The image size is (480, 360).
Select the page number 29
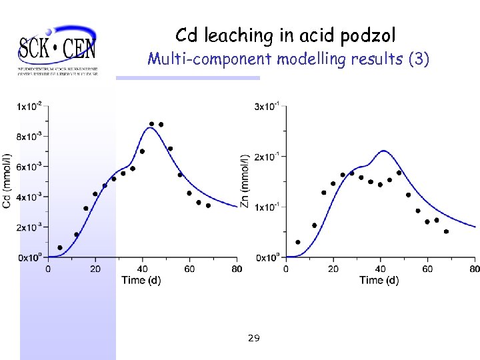[253, 339]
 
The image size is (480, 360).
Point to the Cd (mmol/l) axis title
[7, 181]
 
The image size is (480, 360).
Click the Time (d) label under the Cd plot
[141, 280]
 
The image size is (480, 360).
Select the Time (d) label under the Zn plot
[379, 280]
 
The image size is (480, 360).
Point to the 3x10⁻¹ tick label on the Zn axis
[268, 106]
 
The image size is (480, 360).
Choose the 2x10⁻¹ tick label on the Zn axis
[268, 157]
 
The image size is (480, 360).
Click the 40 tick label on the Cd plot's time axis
[142, 269]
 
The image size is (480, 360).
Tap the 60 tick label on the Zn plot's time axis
[427, 269]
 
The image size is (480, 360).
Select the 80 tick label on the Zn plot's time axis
[474, 269]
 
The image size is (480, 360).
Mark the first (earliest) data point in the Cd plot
[60, 247]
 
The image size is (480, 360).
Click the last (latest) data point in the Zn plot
[446, 231]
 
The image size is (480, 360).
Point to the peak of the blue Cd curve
[151, 128]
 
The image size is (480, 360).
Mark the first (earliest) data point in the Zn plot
[298, 242]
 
